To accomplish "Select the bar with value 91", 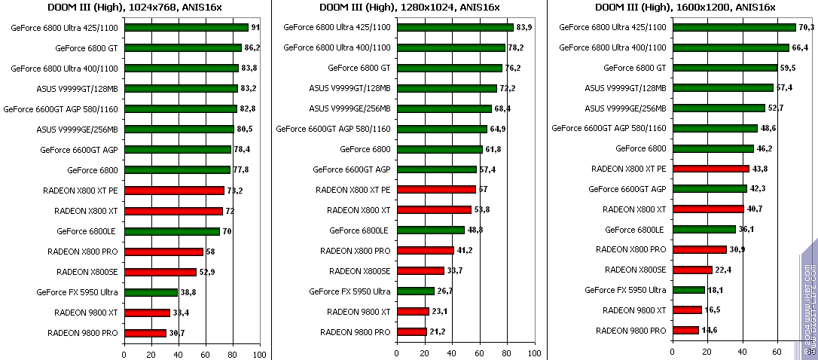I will click(186, 27).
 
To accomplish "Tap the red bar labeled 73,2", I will click(174, 191).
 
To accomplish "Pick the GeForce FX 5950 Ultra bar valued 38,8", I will click(151, 292).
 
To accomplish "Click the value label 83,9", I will click(525, 27).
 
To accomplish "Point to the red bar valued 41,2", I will click(425, 251).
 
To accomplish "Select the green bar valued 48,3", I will click(430, 230).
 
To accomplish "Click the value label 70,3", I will click(807, 27).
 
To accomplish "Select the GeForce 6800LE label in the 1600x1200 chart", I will click(635, 230).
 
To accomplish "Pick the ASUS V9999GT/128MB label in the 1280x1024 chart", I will click(349, 88).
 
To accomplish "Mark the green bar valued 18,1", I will click(688, 290).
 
